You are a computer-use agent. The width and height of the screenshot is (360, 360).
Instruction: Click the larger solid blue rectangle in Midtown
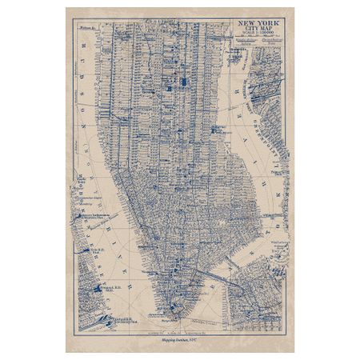[x=185, y=81]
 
